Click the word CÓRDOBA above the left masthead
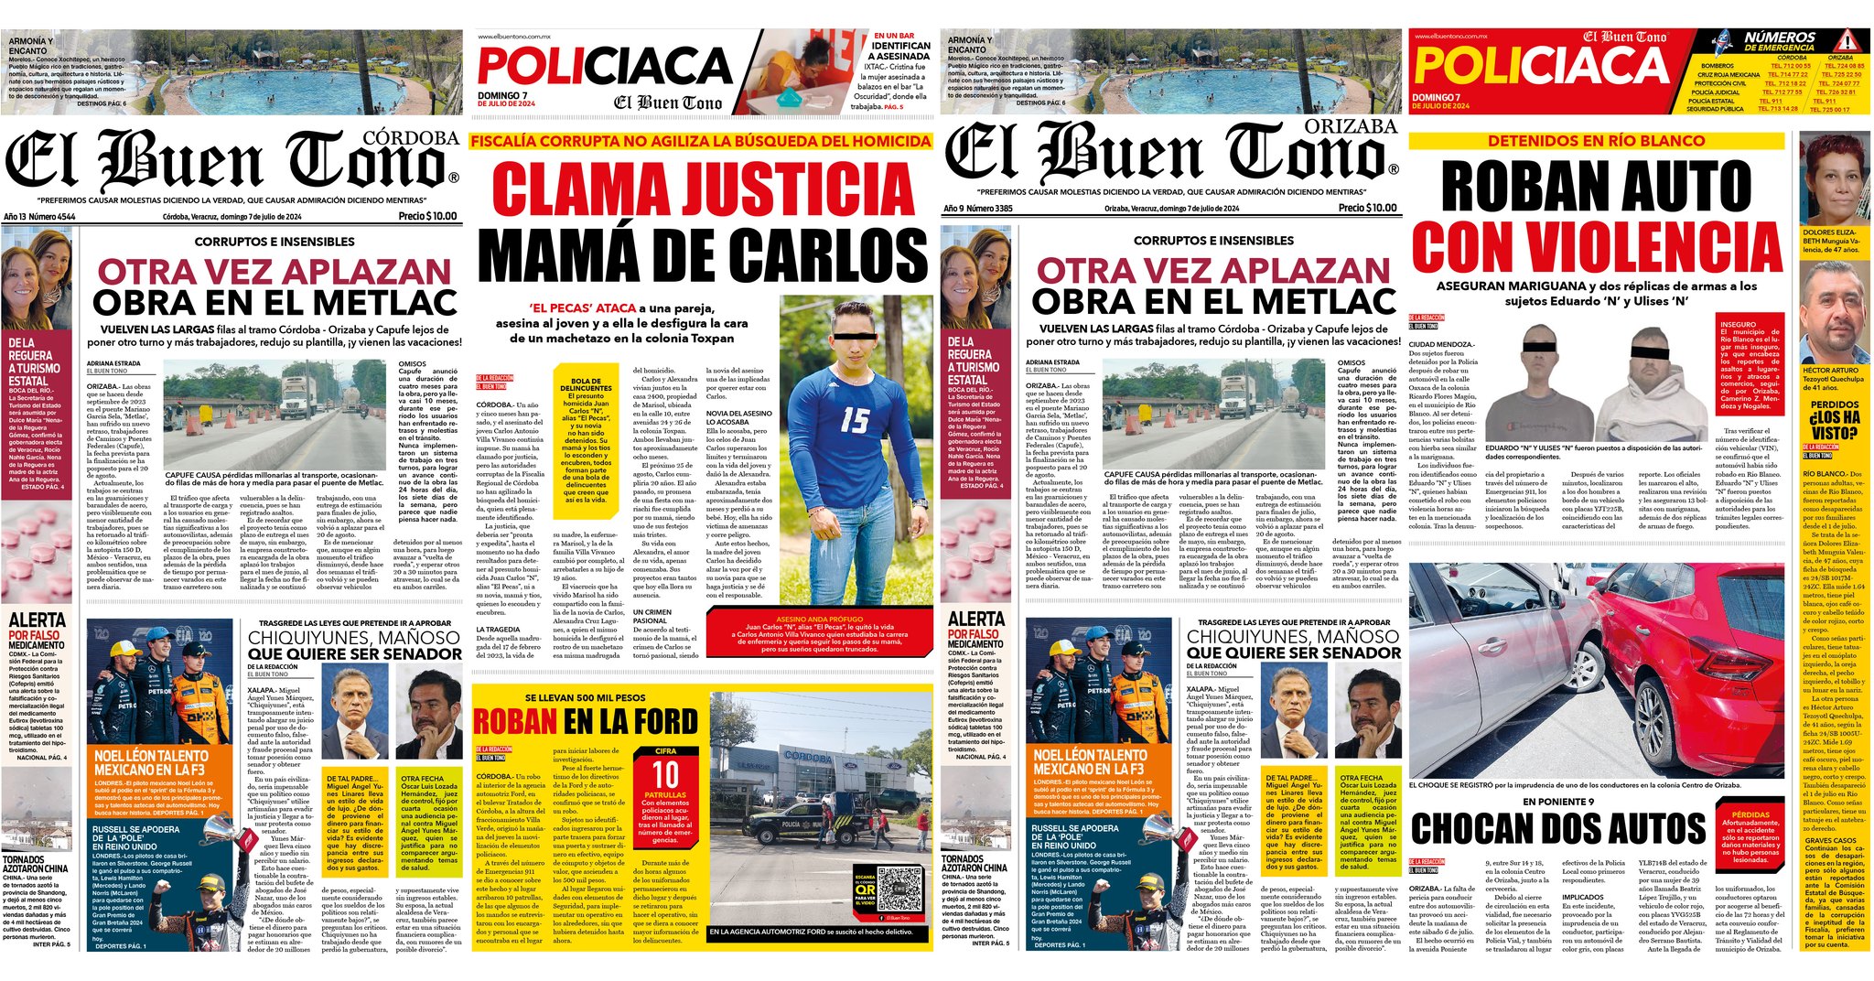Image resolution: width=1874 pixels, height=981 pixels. point(411,138)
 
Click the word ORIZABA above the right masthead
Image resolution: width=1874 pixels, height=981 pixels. point(1351,126)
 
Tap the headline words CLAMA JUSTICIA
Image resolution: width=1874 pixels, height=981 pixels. point(704,189)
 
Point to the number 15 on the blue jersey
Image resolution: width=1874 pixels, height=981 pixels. point(855,420)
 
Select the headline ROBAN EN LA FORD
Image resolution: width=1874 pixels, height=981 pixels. point(585,721)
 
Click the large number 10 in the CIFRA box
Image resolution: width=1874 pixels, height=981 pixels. point(665,775)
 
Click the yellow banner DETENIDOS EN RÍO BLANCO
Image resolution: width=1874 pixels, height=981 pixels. point(1596,141)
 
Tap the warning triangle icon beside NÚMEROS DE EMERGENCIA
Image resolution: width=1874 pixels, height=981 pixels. point(1847,41)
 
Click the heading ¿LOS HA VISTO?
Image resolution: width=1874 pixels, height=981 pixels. point(1834,424)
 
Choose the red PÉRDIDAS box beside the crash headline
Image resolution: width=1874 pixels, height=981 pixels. point(1750,835)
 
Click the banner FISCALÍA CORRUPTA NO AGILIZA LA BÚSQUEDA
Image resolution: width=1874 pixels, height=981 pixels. point(701,141)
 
